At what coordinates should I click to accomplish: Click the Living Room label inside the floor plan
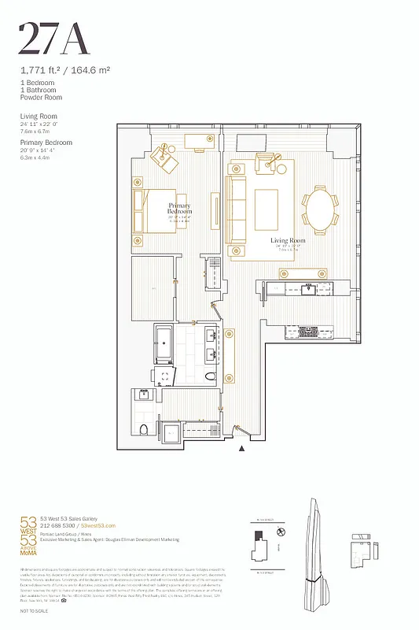(x=287, y=239)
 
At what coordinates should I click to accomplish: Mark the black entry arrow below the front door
(x=242, y=449)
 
